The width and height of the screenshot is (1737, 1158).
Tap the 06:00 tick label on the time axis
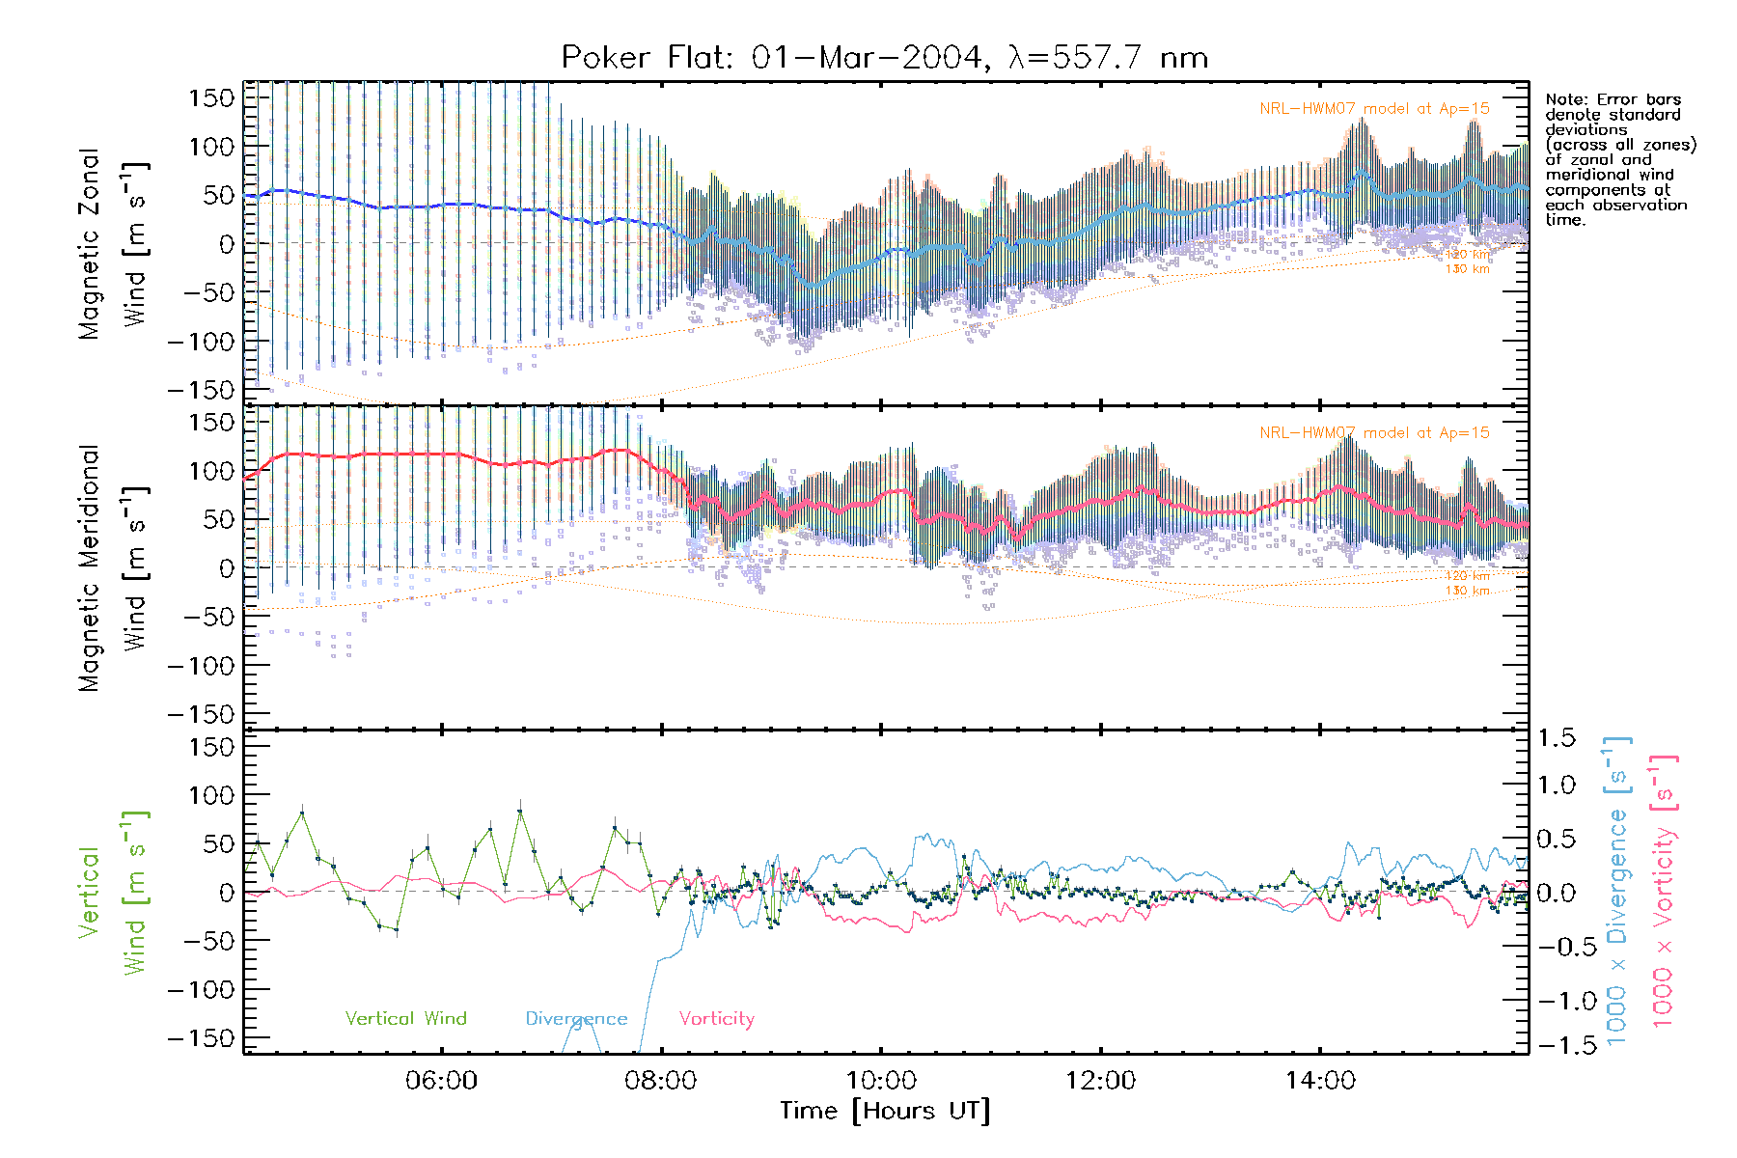[441, 1081]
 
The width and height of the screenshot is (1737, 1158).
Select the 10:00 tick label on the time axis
[880, 1081]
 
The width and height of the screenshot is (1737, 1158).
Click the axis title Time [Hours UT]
[885, 1112]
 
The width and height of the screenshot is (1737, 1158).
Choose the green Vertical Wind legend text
[405, 1019]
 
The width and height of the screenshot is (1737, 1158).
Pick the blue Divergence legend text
[576, 1019]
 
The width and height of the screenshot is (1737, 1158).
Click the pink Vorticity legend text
[716, 1019]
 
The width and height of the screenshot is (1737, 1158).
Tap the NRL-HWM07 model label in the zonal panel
[1374, 109]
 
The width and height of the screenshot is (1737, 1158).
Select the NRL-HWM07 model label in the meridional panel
[1374, 433]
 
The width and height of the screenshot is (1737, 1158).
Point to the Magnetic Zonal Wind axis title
[113, 244]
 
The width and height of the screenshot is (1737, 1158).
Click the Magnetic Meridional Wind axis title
[113, 568]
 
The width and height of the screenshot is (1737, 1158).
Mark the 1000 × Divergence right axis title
[1616, 892]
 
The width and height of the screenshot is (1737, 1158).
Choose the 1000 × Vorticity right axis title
[1663, 892]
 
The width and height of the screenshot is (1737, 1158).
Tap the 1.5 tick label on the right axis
[1556, 738]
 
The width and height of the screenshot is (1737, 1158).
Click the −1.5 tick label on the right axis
[1551, 1046]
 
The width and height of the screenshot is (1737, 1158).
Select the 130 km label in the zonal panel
[1467, 269]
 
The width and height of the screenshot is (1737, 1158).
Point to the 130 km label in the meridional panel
[1467, 591]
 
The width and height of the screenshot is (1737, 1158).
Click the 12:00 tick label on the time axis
[1100, 1081]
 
